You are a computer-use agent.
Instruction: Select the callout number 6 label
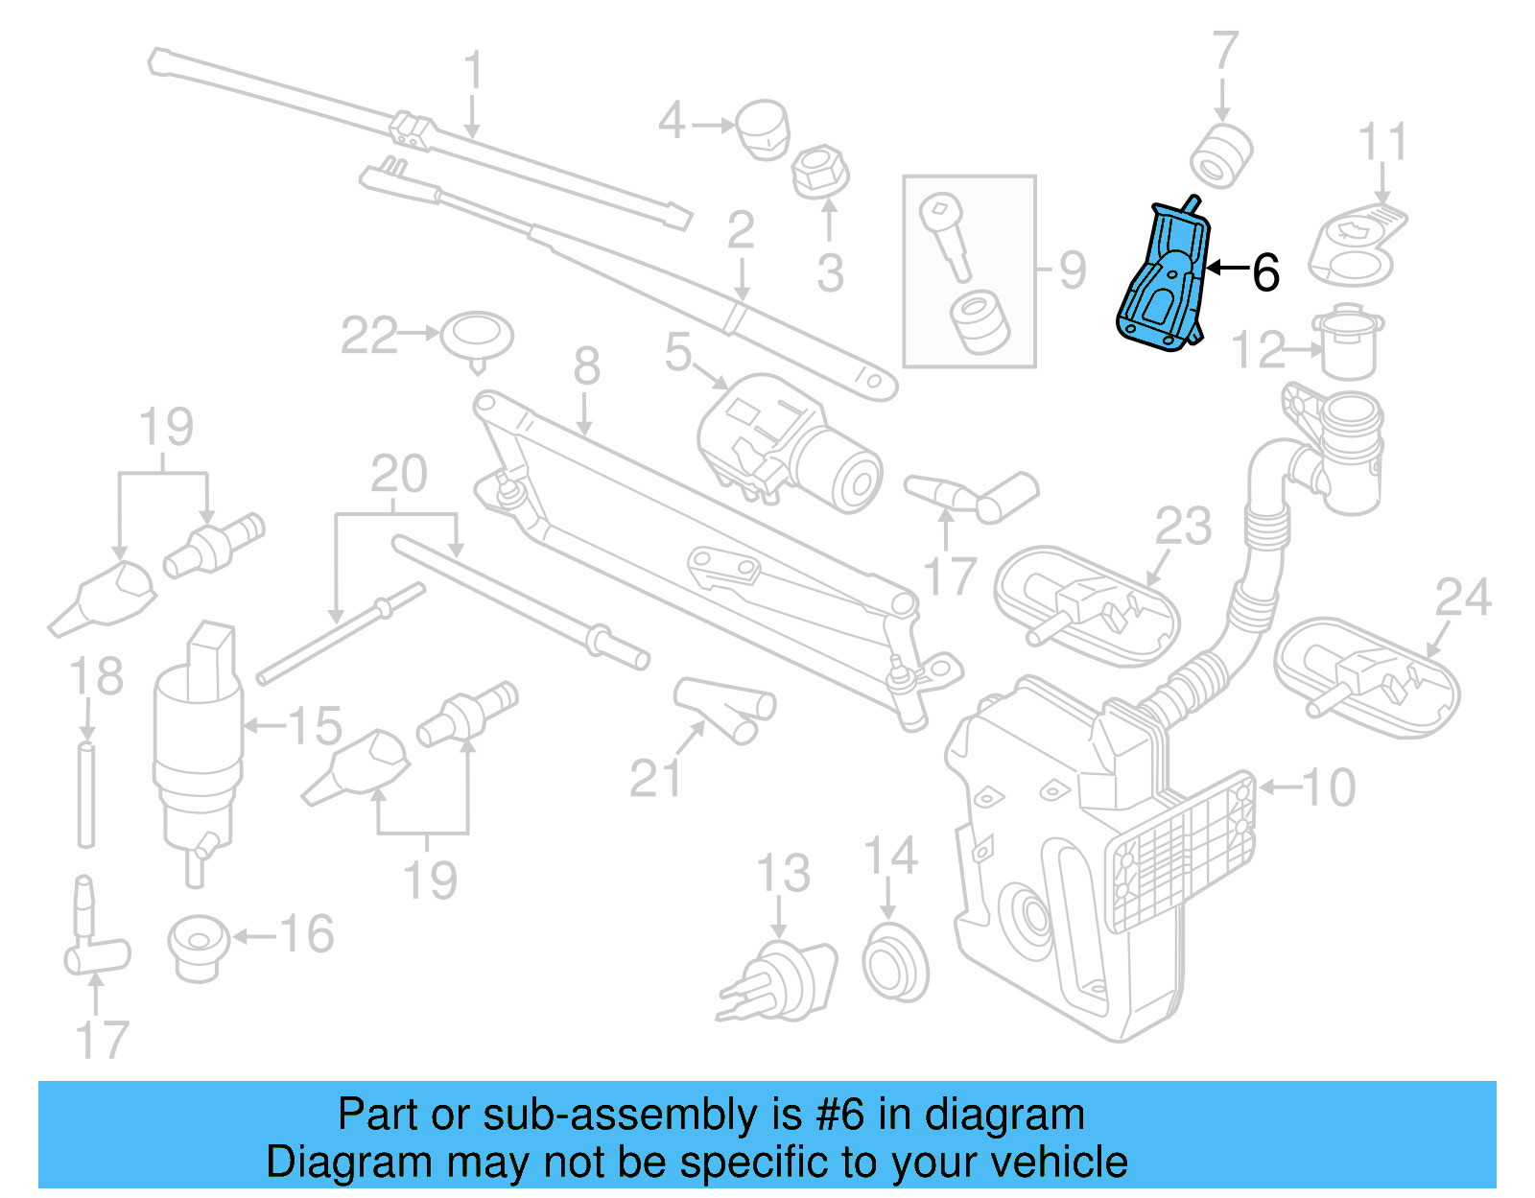(1265, 273)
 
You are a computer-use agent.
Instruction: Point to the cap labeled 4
(762, 129)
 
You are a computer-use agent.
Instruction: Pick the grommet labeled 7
(1220, 156)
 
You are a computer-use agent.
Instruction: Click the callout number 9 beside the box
(1073, 270)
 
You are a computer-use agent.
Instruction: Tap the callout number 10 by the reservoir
(1329, 787)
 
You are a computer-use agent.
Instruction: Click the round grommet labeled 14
(894, 961)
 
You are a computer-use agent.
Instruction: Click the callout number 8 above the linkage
(587, 366)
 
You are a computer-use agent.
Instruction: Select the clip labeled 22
(477, 337)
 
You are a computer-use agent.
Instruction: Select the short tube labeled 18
(86, 794)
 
